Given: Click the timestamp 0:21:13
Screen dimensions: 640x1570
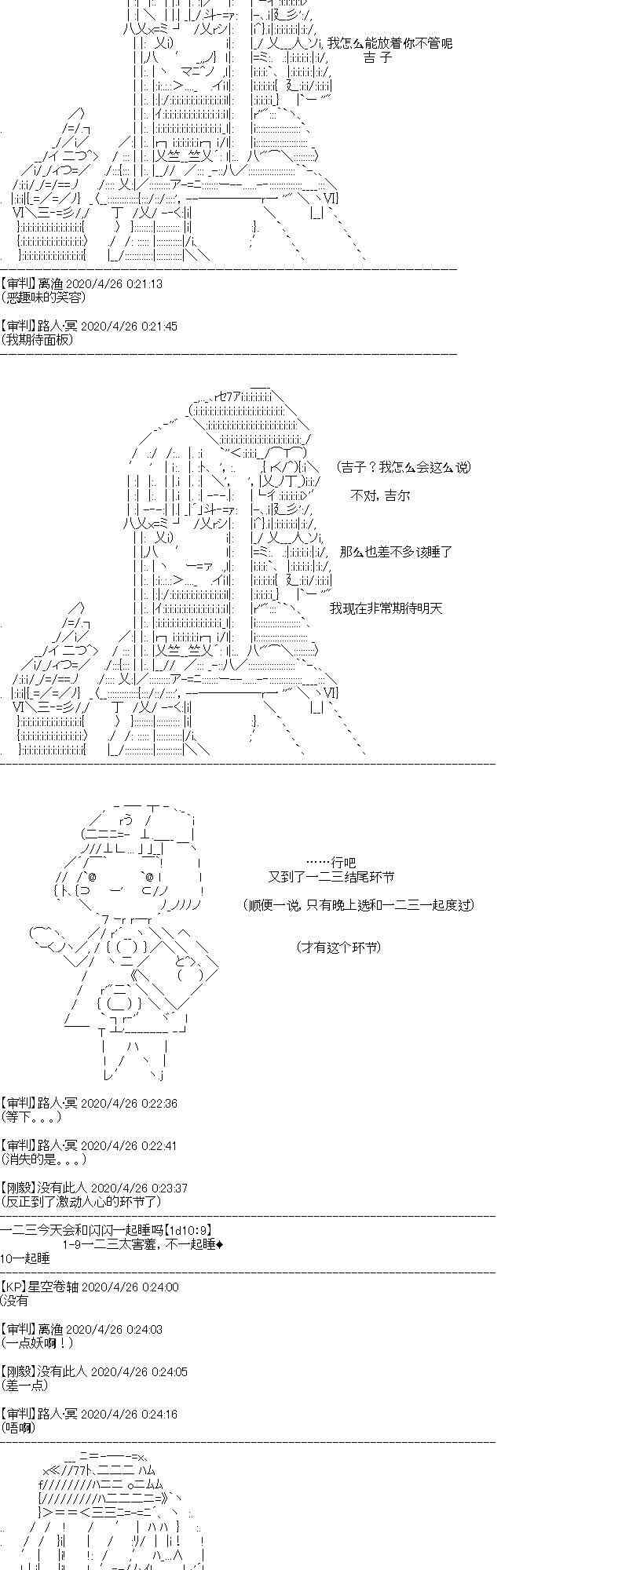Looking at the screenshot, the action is coord(141,283).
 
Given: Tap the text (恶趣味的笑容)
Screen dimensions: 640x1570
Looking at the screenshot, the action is coord(44,298).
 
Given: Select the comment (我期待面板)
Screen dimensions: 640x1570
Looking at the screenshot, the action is coord(38,340).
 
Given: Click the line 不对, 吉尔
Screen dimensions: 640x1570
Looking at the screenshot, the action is coord(380,495).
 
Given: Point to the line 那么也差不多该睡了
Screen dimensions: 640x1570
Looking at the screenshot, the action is coord(397,552).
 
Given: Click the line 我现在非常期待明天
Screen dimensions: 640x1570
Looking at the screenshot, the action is coord(386,608).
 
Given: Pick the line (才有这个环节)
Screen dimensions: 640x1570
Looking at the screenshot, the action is coord(338,947).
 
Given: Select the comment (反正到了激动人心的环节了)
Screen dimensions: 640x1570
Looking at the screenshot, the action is coord(82,1202).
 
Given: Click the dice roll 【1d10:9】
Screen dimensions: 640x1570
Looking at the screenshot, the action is coord(188,1230).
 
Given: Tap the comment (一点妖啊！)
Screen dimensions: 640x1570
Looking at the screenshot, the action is coord(38,1343).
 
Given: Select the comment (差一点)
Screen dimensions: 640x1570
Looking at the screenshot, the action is coord(25,1386).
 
